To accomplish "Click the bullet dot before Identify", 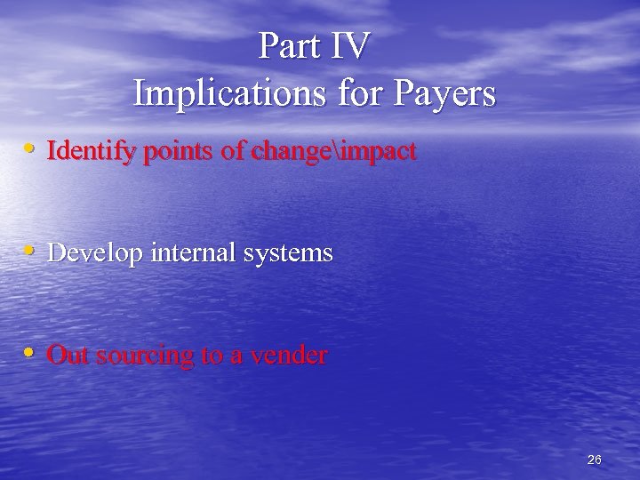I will (30, 148).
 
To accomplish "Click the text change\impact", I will (333, 152).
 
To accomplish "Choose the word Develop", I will (96, 254).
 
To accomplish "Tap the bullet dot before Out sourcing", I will (30, 352).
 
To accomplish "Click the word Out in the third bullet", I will (68, 356).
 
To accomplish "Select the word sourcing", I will (144, 356).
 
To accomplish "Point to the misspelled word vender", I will (289, 356).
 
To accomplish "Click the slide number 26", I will (595, 460).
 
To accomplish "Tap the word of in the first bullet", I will (232, 152).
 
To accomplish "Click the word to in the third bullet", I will (212, 356).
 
